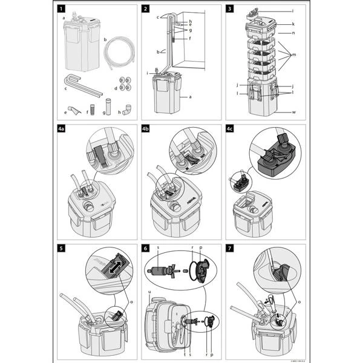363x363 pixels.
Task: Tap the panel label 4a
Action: [x=63, y=129]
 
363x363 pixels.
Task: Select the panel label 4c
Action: [x=231, y=129]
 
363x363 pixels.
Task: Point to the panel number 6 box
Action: [x=146, y=248]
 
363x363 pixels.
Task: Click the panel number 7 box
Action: [x=229, y=248]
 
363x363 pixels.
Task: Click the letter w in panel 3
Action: [x=293, y=112]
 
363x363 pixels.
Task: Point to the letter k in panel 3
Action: [x=292, y=24]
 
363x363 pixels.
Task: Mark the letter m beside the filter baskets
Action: [x=293, y=54]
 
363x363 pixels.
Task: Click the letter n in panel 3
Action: [x=293, y=32]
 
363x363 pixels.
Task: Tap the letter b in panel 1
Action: [x=106, y=39]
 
